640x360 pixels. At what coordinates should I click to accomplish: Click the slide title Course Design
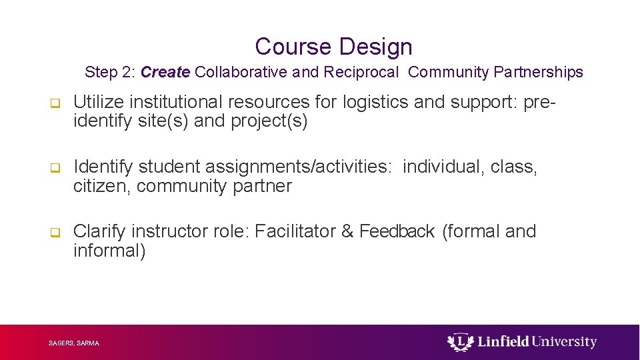333,47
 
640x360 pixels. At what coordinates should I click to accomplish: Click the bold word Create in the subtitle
165,72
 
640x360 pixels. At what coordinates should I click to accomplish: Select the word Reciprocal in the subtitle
361,72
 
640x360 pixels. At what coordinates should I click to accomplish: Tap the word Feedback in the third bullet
397,231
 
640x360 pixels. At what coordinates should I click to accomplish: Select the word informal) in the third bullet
109,251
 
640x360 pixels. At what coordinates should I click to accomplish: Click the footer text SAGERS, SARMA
74,343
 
